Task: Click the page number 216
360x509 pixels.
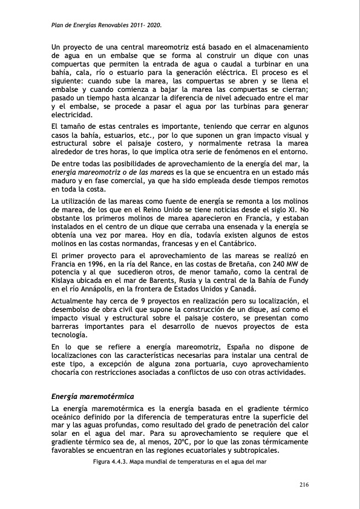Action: [x=304, y=485]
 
